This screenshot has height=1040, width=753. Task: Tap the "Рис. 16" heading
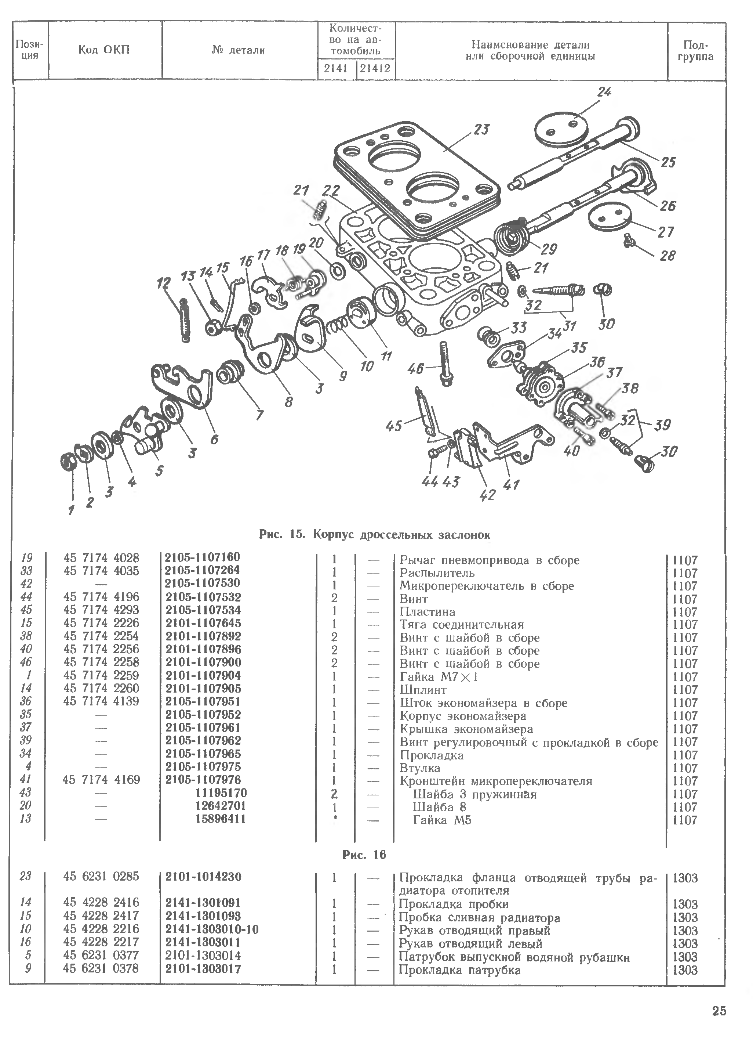(x=364, y=854)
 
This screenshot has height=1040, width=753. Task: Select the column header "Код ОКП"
(x=104, y=50)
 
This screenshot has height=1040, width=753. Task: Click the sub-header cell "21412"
(x=375, y=69)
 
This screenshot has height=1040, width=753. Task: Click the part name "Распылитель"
(x=437, y=573)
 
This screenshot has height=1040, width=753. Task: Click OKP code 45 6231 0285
(x=101, y=876)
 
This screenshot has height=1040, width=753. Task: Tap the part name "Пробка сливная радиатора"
(x=479, y=918)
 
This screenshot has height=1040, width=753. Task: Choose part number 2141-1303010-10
(x=212, y=929)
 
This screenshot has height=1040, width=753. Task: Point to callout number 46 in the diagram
(x=415, y=368)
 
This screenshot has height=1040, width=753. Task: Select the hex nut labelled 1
(x=69, y=462)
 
